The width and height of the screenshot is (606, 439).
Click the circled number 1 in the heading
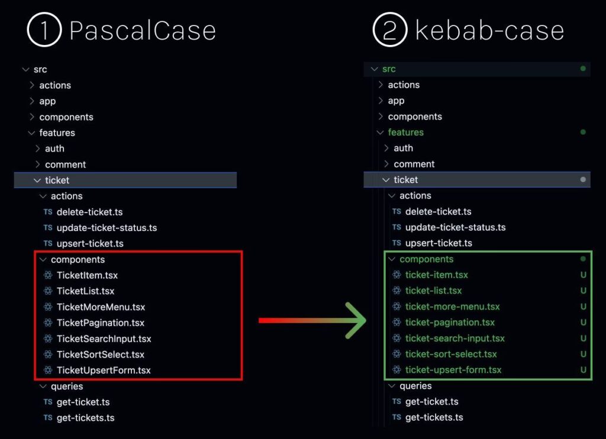coord(44,30)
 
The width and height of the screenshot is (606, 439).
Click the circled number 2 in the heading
coord(390,30)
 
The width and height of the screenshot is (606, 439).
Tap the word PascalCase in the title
coord(143,31)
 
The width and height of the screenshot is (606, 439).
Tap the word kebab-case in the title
coord(489,30)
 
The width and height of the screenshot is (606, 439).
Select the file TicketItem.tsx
coord(87,275)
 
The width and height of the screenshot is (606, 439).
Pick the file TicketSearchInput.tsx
coord(104,338)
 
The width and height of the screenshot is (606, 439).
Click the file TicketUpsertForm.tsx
coord(104,370)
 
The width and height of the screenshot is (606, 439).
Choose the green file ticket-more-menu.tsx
coord(452,306)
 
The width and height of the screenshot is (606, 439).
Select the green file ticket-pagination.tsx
coord(450,322)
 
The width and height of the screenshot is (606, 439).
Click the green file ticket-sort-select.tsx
coord(451,354)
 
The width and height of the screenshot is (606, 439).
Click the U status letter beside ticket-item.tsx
coord(583,275)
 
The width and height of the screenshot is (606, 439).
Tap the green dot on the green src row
coord(583,69)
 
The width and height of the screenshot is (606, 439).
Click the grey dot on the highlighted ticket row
coord(583,180)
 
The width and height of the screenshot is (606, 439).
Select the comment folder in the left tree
coord(65,164)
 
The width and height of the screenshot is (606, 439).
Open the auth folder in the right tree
coord(403,148)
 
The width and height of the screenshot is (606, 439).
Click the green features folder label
coord(406,132)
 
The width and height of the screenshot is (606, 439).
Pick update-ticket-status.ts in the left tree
coord(107,227)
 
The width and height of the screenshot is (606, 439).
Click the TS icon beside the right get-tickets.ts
coord(397,417)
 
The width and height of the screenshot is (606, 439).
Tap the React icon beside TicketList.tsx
coord(48,291)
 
